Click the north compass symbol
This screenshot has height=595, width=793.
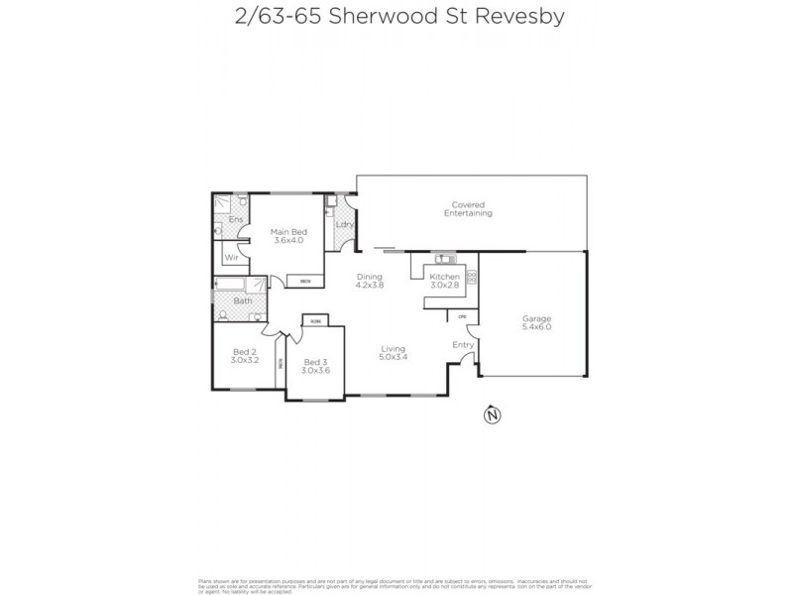coord(489,416)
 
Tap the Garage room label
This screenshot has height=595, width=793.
coord(536,319)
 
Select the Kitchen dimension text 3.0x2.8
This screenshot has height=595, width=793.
coord(444,286)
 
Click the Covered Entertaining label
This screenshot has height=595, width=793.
coord(468,209)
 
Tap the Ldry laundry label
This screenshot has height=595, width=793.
coord(344,225)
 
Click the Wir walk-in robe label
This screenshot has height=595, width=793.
coord(231,258)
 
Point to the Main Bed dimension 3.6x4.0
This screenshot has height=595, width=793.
coord(287,241)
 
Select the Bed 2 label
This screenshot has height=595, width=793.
coord(245,352)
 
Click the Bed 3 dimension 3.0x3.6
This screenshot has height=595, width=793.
coord(316,370)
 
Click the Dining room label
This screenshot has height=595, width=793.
coord(370,277)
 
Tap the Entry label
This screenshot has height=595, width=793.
coord(463,344)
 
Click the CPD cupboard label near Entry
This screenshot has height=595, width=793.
coord(462,316)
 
